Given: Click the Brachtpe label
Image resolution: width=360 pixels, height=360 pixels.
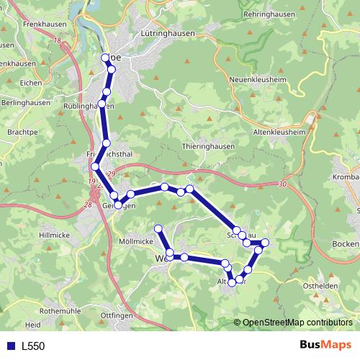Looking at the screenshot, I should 22,133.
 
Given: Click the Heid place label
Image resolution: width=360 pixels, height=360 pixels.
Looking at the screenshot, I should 33,325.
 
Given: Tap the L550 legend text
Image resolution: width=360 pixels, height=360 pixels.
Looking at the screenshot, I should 33,346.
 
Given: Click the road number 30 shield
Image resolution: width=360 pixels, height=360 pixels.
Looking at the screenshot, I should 280,184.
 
